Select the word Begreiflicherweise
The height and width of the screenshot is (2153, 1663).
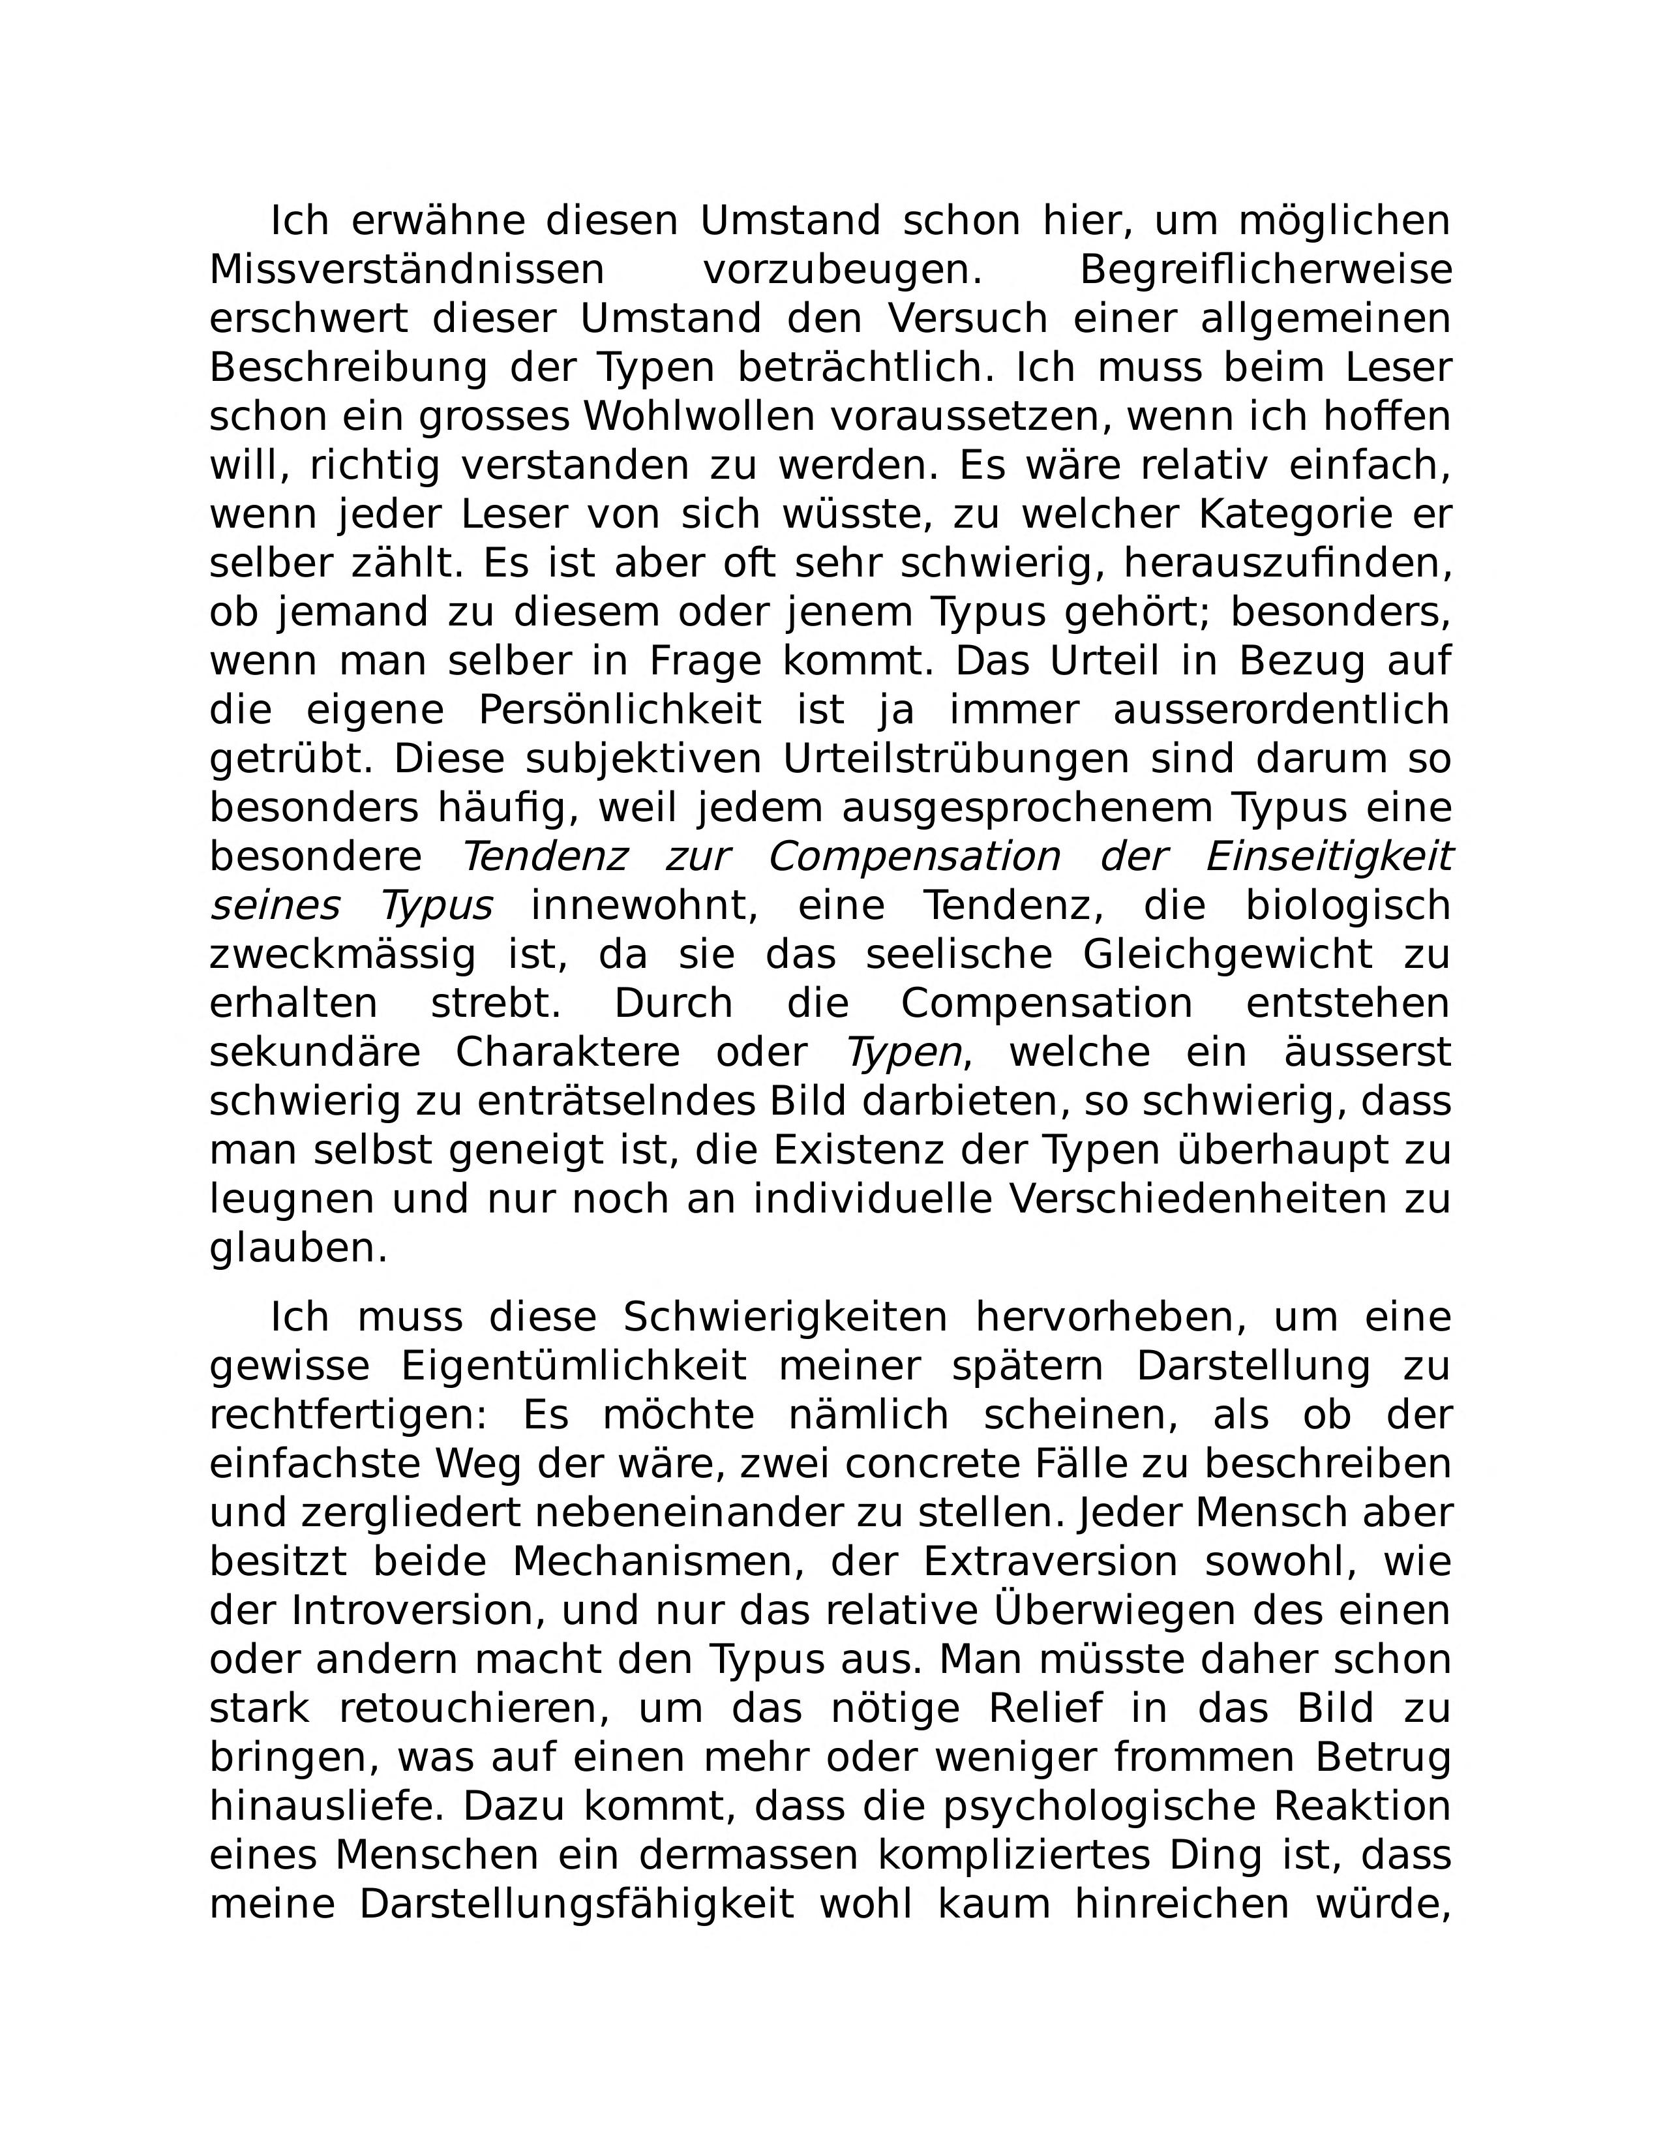(1266, 270)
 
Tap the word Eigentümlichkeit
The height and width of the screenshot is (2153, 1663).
(574, 1367)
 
